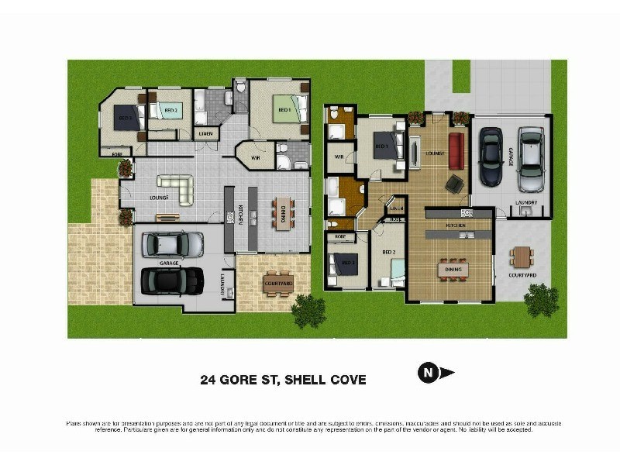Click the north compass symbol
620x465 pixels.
click(427, 374)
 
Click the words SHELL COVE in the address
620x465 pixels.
click(325, 380)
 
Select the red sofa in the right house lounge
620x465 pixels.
click(455, 149)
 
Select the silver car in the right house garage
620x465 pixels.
click(531, 159)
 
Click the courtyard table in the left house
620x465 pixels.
click(278, 284)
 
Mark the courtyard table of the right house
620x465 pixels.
click(522, 257)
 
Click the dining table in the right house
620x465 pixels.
click(451, 268)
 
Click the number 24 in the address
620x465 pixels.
click(208, 380)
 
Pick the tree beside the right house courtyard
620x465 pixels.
click(540, 300)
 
